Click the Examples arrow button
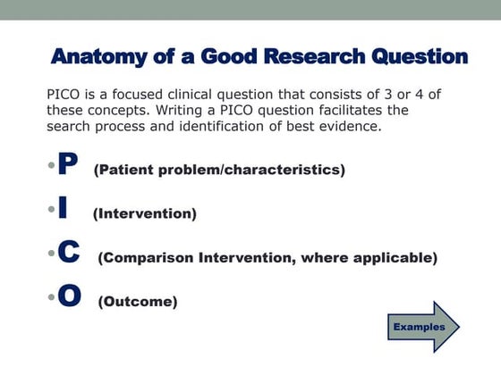tap(421, 327)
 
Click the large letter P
tap(67, 165)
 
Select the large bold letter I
tap(62, 211)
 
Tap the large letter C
tap(69, 254)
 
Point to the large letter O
tap(70, 296)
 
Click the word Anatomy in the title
tap(99, 57)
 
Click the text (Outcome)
tap(137, 302)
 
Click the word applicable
tap(395, 259)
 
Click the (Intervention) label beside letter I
tap(144, 214)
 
